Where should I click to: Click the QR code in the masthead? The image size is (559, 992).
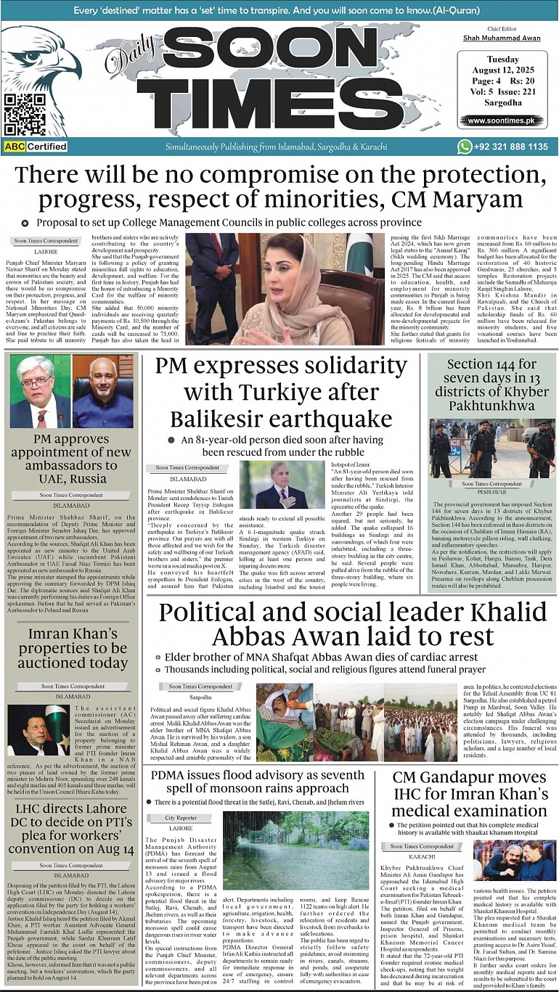(25, 114)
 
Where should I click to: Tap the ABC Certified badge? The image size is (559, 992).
(36, 147)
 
